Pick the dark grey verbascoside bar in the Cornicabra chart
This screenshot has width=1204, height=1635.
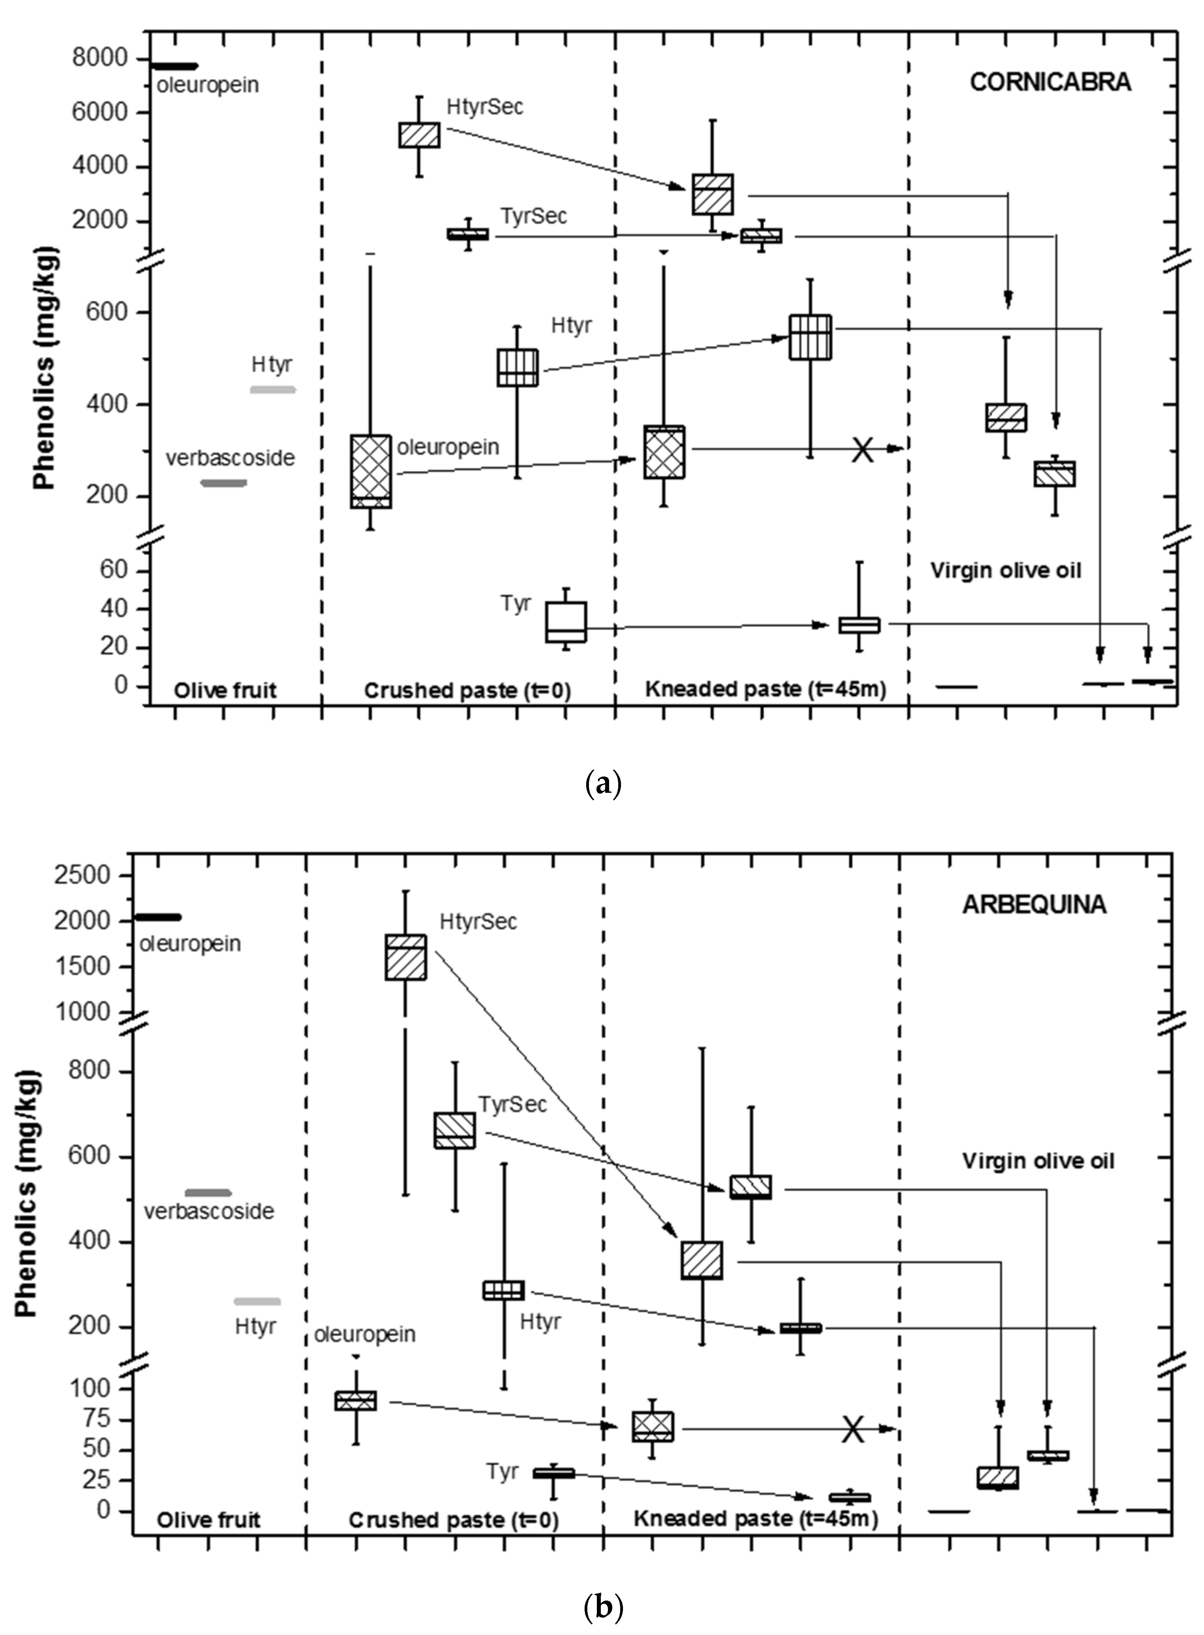224,483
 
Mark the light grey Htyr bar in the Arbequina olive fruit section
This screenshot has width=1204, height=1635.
257,1301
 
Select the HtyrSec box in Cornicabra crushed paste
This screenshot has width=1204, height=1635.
419,135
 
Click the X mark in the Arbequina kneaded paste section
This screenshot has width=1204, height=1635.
853,1429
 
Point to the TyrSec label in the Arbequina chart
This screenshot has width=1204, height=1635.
512,1105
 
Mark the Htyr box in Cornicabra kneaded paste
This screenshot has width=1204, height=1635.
810,337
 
